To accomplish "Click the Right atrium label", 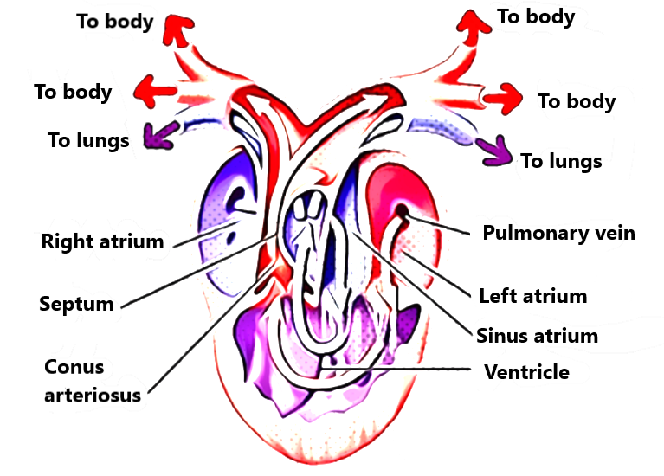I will click(102, 241).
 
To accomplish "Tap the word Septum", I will click(76, 304).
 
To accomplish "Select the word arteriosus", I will click(93, 396).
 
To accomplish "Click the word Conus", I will click(74, 367).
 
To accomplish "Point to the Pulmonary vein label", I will click(558, 233).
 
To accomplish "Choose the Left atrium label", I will click(532, 296).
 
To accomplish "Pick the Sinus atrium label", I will click(537, 335).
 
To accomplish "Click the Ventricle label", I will click(526, 372).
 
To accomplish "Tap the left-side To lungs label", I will click(88, 139).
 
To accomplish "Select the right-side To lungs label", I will click(561, 161).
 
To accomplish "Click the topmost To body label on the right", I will click(536, 16).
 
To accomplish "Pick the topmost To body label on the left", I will click(115, 21).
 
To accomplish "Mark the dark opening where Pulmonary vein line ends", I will click(403, 212).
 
